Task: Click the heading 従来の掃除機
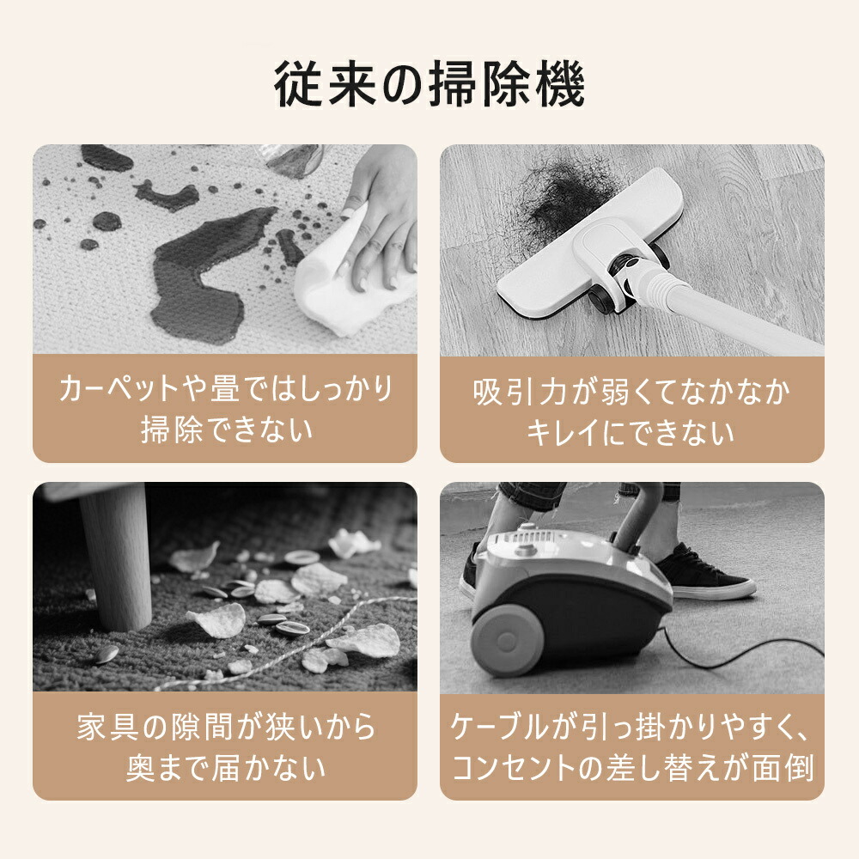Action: point(429,84)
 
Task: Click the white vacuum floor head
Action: point(589,247)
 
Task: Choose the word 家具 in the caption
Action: point(107,727)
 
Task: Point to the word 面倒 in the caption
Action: point(783,768)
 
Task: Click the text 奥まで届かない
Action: point(226,767)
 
